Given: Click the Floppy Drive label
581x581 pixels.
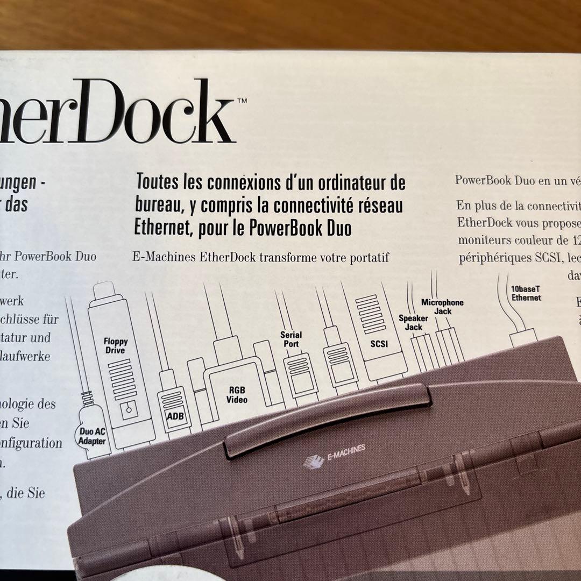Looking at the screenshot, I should coord(115,346).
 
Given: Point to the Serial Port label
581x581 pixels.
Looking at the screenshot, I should coord(291,339).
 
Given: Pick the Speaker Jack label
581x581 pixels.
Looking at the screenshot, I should coord(413,323).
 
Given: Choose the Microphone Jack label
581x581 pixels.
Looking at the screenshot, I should coord(442,307).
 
